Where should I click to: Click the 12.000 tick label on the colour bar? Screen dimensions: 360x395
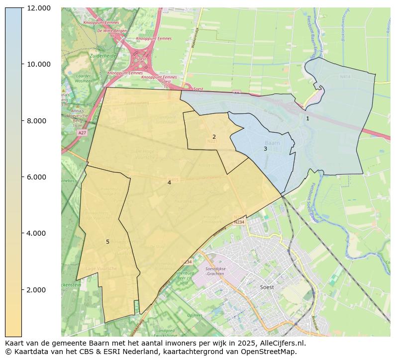pos(38,8)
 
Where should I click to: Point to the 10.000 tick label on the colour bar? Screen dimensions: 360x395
pos(38,64)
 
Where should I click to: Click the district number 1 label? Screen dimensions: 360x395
pos(307,118)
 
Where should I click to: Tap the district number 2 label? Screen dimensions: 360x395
pos(214,137)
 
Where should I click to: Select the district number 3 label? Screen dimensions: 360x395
pos(265,149)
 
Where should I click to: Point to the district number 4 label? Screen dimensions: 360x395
pos(169,182)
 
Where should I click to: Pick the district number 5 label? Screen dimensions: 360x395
pos(107,242)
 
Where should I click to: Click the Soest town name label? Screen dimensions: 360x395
pos(267,287)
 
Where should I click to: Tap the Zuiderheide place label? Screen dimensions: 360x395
pos(103,56)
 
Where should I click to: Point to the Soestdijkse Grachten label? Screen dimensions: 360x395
pos(215,271)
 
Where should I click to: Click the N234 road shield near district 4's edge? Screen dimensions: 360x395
pos(239,222)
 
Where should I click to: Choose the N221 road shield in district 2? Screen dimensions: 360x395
pos(212,142)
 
